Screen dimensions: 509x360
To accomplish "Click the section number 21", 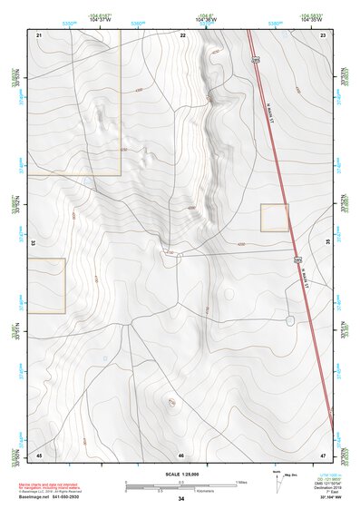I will (39, 34).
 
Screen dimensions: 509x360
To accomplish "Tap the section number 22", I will (182, 34).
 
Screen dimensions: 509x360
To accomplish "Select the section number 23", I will (323, 34).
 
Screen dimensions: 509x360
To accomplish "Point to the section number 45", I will (39, 454).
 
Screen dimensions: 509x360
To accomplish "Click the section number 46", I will (181, 454).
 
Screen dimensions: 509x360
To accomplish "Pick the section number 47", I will (323, 454).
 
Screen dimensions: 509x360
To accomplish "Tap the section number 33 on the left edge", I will (34, 243).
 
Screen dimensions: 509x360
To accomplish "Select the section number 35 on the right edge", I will (327, 243).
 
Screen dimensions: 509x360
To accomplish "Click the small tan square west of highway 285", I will (274, 218).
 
